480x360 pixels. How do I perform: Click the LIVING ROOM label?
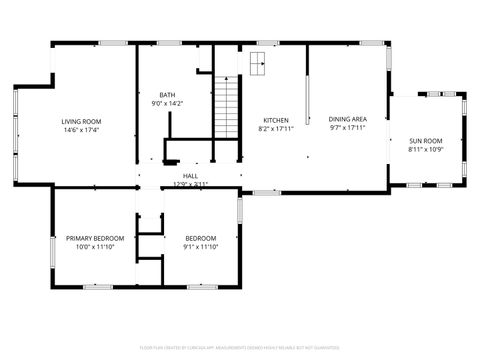(x=82, y=121)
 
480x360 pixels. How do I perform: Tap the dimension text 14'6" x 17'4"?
(x=82, y=129)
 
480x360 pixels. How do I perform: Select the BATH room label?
(x=166, y=95)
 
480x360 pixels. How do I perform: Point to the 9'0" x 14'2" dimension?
(x=166, y=103)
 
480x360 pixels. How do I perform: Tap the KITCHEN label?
(x=276, y=120)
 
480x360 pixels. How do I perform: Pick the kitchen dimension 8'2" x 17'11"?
(x=276, y=128)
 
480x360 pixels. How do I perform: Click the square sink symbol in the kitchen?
(x=257, y=65)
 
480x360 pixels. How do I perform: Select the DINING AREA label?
(x=347, y=120)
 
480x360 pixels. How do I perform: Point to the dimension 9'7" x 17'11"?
(x=347, y=128)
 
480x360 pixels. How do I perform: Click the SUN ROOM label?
(x=425, y=141)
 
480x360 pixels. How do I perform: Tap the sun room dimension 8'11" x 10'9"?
(x=425, y=149)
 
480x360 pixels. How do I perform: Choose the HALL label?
(x=190, y=176)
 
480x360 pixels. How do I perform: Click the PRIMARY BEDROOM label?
(x=95, y=238)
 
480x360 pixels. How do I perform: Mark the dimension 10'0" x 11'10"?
(x=95, y=246)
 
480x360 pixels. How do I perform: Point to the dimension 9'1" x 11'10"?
(x=200, y=246)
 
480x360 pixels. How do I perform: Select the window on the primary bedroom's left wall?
(x=52, y=250)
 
